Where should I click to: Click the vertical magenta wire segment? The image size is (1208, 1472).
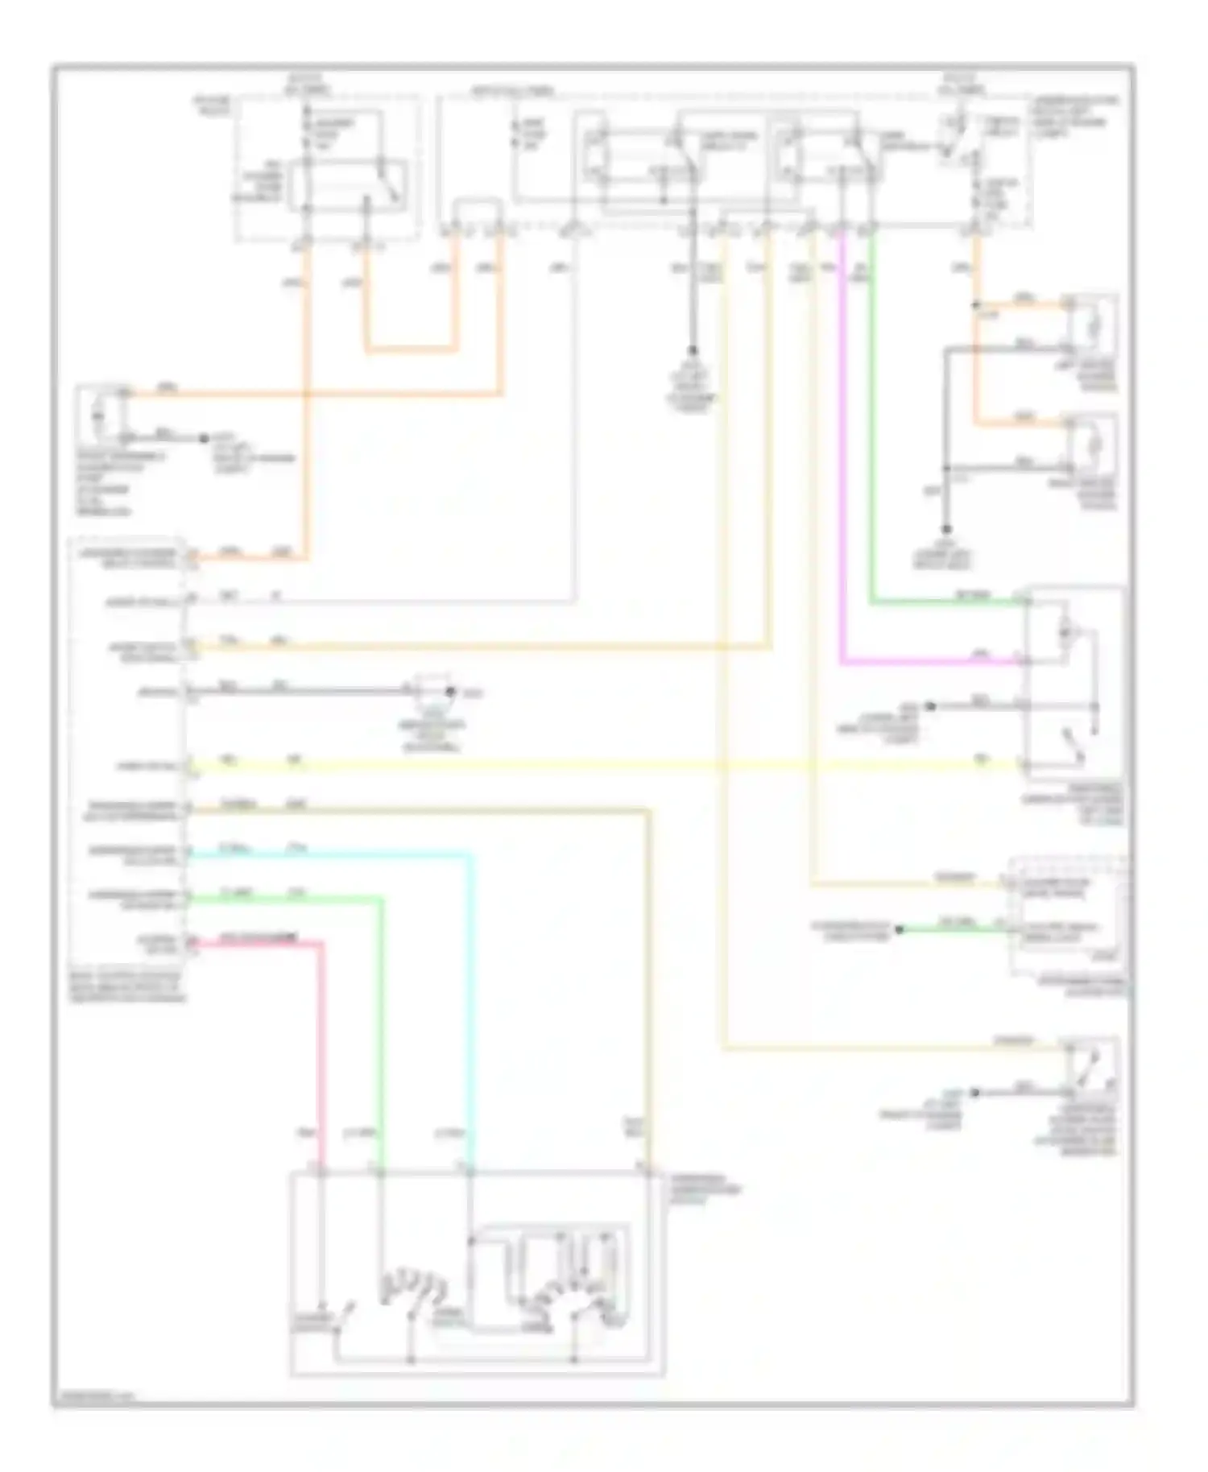(x=841, y=451)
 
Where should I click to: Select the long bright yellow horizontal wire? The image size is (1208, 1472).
(x=604, y=764)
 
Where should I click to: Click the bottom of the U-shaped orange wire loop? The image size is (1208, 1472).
(x=411, y=350)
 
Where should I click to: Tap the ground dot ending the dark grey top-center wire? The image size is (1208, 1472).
(x=691, y=352)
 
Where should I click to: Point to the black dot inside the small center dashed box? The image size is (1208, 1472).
(x=451, y=691)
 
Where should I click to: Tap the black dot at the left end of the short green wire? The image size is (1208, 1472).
(x=900, y=929)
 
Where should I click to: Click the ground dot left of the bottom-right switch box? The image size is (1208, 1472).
(x=975, y=1093)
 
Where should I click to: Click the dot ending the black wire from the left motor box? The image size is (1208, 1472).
(x=203, y=439)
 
